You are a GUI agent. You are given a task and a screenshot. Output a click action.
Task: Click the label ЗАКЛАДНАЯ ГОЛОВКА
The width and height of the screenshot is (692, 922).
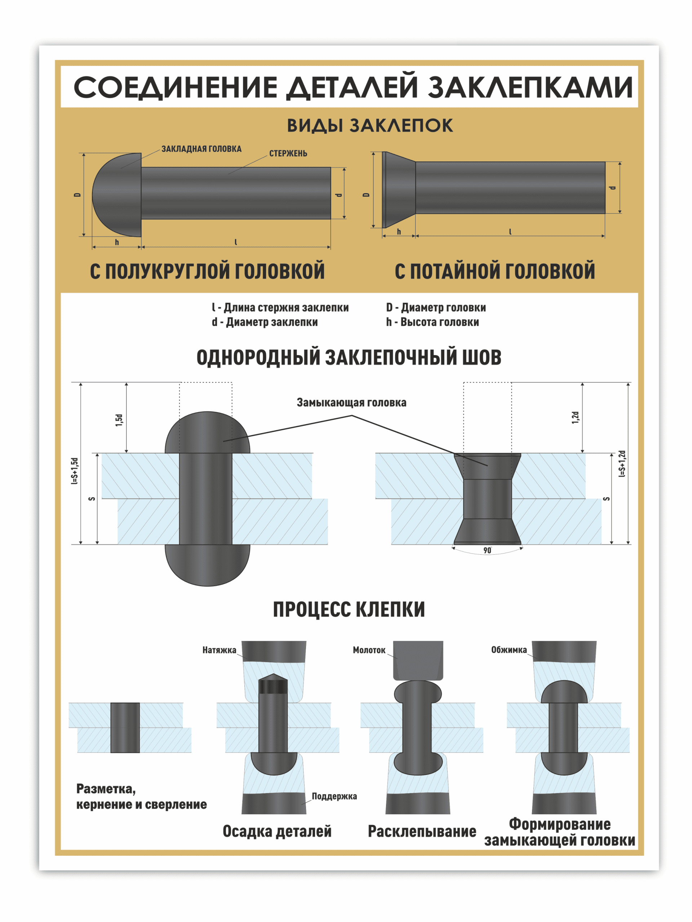[x=201, y=149]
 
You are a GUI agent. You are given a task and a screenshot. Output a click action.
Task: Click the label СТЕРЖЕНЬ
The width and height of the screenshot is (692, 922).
[x=288, y=153]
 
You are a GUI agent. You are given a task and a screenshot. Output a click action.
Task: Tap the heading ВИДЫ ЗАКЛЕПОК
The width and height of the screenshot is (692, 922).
[x=369, y=125]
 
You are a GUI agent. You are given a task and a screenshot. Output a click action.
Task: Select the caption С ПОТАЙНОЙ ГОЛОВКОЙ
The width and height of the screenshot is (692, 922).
[x=495, y=271]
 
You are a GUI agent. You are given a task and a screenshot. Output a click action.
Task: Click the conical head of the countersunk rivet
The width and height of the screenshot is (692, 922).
[x=398, y=190]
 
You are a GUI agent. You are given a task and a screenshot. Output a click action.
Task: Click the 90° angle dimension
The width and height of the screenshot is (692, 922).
[x=487, y=551]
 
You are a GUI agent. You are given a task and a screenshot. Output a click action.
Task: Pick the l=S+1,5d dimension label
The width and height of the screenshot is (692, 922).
[x=75, y=471]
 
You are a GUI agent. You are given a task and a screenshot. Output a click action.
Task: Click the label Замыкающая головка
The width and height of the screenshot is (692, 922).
[x=351, y=403]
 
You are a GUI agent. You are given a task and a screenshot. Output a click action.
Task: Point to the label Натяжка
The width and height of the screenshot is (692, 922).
[x=219, y=650]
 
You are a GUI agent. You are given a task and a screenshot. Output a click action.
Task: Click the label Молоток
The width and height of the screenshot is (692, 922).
[x=369, y=650]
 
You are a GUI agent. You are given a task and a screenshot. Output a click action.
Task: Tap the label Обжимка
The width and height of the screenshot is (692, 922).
[x=509, y=650]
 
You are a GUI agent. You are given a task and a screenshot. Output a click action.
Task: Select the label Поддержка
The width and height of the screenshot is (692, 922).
[x=334, y=796]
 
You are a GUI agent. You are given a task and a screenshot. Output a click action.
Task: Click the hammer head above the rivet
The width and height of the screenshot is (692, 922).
[x=418, y=661]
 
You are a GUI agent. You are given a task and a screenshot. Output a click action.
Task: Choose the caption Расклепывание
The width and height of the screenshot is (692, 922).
[x=422, y=832]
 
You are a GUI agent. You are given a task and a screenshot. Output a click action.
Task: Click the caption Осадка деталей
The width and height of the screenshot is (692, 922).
[x=277, y=832]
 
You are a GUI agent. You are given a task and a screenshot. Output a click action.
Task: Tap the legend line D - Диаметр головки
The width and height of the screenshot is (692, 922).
[x=435, y=308]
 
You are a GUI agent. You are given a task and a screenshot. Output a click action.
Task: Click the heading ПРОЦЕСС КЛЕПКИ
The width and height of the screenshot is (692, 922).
[x=349, y=609]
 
